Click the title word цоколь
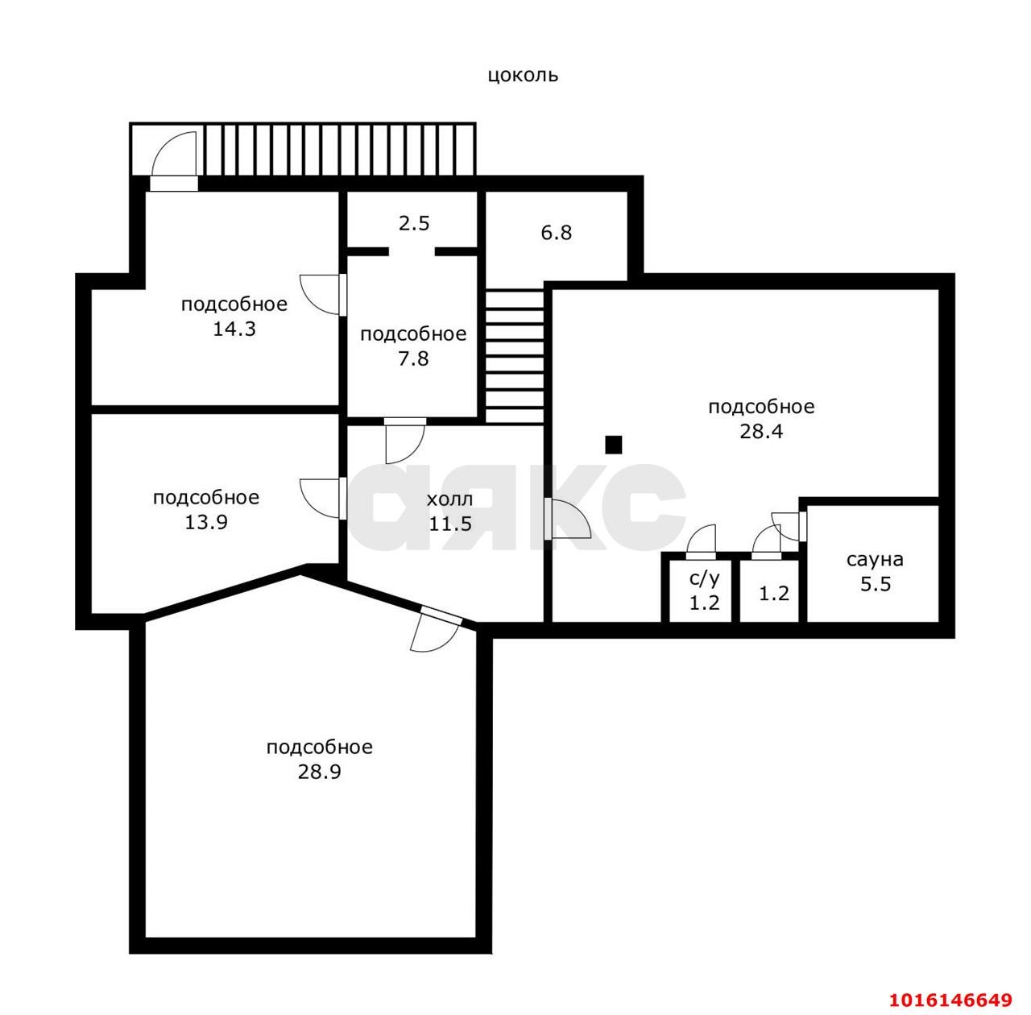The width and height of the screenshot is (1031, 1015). [x=523, y=75]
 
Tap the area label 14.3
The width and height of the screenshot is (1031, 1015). [x=234, y=329]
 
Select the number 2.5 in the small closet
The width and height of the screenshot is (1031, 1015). [x=414, y=223]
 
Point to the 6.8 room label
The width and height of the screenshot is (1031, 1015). [x=557, y=233]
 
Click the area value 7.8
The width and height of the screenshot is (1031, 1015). [x=413, y=358]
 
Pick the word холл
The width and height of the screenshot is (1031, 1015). [x=449, y=499]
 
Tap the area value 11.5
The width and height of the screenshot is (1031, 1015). [x=450, y=524]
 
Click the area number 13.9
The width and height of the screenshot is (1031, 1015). [x=206, y=522]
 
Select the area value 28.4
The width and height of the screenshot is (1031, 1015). [x=761, y=432]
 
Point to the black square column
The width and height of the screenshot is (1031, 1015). [x=614, y=445]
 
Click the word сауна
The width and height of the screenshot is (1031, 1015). [x=875, y=559]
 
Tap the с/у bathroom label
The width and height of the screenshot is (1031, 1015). [x=705, y=578]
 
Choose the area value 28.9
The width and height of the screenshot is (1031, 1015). [x=320, y=772]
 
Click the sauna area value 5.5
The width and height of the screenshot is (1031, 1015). [x=876, y=583]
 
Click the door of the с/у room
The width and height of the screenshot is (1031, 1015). [x=701, y=543]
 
